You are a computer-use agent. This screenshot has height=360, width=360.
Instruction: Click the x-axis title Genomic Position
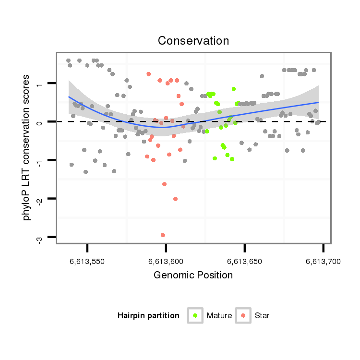tap(193, 275)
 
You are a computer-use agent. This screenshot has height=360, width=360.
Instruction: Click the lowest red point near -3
tap(163, 235)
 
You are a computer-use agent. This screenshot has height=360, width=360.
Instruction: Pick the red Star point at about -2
tap(175, 199)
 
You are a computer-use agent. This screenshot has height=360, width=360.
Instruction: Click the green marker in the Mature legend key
tap(195, 315)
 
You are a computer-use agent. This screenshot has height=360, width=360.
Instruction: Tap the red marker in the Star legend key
tap(243, 315)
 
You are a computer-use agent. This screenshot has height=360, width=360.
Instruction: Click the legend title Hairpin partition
tap(148, 315)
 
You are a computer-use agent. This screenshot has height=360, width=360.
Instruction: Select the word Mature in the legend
tap(219, 315)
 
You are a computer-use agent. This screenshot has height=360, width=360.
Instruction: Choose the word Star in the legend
tap(262, 315)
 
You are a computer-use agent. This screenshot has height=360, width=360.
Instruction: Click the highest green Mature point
tap(233, 89)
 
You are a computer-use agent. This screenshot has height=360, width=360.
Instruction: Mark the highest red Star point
tap(149, 74)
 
